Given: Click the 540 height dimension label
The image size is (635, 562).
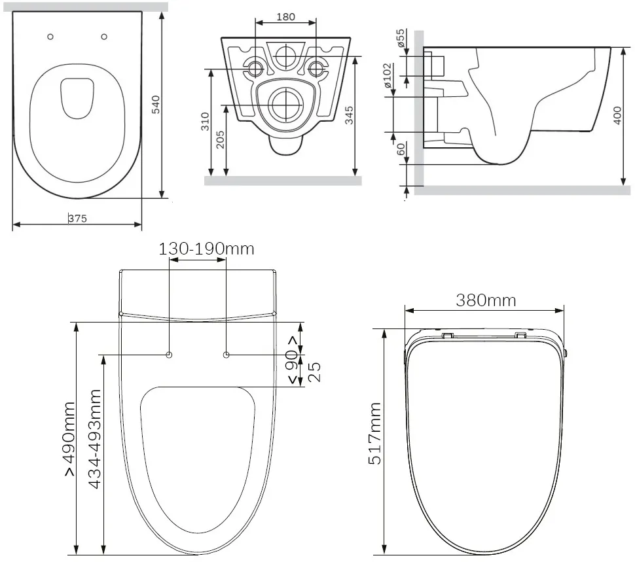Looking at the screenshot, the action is click(x=156, y=105).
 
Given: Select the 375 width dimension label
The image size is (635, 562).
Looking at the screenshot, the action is click(x=77, y=219).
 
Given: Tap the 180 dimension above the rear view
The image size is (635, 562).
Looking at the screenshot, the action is click(x=285, y=17).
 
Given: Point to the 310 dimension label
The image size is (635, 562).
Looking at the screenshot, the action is click(x=206, y=122).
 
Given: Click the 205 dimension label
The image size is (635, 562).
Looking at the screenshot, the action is click(x=221, y=139).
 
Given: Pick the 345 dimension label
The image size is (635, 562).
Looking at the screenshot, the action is click(x=349, y=115).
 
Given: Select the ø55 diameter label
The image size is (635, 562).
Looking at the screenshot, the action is click(x=401, y=38).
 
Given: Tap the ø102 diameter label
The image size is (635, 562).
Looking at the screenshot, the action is click(x=388, y=75).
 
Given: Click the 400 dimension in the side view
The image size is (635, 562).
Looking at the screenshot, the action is click(x=617, y=115).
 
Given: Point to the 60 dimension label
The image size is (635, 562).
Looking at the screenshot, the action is click(x=401, y=149).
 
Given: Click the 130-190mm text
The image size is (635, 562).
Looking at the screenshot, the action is click(x=206, y=249).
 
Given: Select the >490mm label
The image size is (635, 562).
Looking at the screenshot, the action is click(x=69, y=439).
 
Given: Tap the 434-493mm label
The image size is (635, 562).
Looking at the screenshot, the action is click(x=94, y=439).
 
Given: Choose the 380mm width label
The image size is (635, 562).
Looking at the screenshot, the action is click(x=486, y=300).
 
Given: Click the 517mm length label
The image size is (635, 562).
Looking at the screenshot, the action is click(x=375, y=433).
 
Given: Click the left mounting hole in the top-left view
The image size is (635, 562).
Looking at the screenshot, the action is click(x=50, y=37).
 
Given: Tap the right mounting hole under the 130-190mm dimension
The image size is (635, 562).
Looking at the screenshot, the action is click(x=227, y=355).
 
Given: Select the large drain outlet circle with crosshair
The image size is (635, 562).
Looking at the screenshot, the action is click(x=287, y=105).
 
